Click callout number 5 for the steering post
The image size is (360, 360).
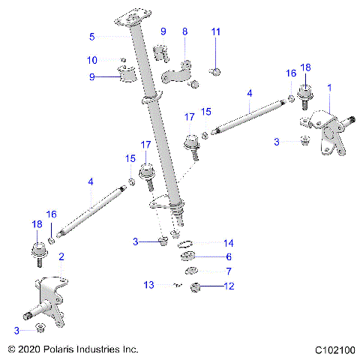(x=92, y=36)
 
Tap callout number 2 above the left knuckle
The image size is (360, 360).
(x=61, y=256)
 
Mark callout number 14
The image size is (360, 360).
(x=229, y=244)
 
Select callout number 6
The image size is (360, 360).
(x=229, y=257)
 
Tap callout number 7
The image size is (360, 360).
(x=229, y=271)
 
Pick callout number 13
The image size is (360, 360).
(x=149, y=284)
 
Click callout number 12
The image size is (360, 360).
(x=229, y=285)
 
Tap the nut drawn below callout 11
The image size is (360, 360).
(x=215, y=71)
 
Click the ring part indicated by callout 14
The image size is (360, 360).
(x=187, y=244)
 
